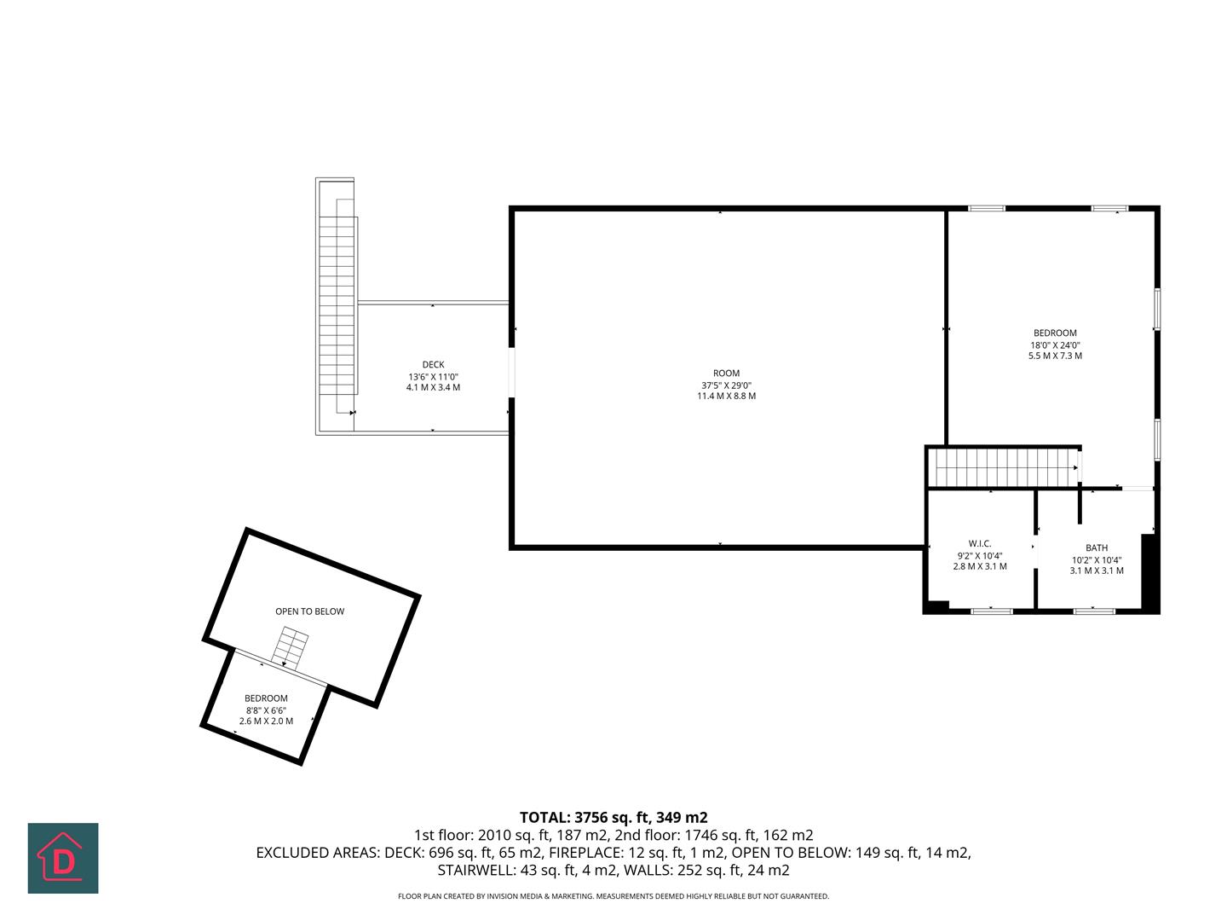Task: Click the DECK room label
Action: click(x=433, y=365)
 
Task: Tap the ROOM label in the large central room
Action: click(x=726, y=373)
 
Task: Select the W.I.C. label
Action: click(x=980, y=543)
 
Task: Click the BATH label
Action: click(x=1097, y=547)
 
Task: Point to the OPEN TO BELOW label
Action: click(x=309, y=611)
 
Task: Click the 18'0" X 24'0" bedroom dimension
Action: click(x=1055, y=345)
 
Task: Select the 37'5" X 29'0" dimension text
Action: click(x=726, y=385)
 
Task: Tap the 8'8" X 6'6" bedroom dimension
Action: click(x=266, y=710)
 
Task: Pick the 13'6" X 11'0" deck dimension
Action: click(x=433, y=376)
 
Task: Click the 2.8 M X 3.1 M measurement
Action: click(x=980, y=566)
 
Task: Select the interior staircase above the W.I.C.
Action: click(x=1003, y=467)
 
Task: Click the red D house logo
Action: click(x=63, y=858)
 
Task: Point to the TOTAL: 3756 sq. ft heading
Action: click(x=613, y=817)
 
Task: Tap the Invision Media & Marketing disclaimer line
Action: click(x=613, y=896)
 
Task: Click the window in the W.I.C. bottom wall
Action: click(x=992, y=611)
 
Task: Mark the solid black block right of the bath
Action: click(x=1149, y=571)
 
